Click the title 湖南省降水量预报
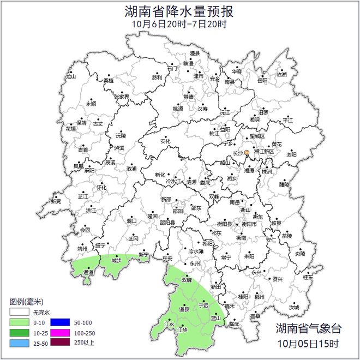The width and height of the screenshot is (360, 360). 179,11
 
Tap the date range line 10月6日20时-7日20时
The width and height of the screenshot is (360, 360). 179,24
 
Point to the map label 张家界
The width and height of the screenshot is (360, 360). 122,97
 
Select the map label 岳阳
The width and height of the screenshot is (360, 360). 262,81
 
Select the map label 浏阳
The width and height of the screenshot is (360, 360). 291,154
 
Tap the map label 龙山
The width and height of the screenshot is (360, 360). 71,77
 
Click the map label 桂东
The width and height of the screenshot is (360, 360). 308,277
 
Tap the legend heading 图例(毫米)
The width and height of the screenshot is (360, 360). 26,302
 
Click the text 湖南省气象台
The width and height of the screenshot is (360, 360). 308,329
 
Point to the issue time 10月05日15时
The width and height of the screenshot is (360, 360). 308,344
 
